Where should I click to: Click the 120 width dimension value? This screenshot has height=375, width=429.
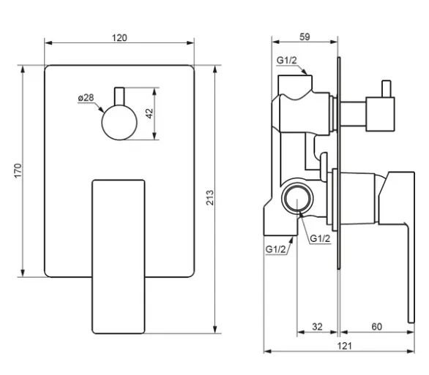tap(119, 38)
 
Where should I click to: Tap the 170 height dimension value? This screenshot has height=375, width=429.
tap(18, 171)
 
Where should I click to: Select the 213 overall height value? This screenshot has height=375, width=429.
tap(210, 197)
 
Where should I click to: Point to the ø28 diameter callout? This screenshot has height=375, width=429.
tap(86, 97)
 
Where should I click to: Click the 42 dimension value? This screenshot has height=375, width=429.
tap(149, 113)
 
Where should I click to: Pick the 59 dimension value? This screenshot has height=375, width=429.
tap(305, 37)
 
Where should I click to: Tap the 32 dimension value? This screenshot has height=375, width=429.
tap(318, 326)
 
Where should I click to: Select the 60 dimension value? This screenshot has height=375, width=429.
tap(377, 326)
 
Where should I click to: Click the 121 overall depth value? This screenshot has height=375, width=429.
tap(344, 346)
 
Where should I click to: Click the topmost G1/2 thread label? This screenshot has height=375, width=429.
tap(287, 60)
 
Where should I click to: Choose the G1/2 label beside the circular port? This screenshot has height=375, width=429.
tap(320, 239)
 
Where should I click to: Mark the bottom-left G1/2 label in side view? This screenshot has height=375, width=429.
tap(275, 249)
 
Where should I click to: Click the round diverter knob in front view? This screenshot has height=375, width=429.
tap(119, 123)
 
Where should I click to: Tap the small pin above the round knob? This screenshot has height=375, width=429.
tap(119, 96)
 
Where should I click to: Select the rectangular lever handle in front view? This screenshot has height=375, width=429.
tap(119, 257)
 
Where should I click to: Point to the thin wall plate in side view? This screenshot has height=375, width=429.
tap(339, 163)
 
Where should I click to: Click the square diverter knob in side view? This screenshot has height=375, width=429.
tap(380, 114)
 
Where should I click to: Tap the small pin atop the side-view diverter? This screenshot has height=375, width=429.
tap(387, 88)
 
